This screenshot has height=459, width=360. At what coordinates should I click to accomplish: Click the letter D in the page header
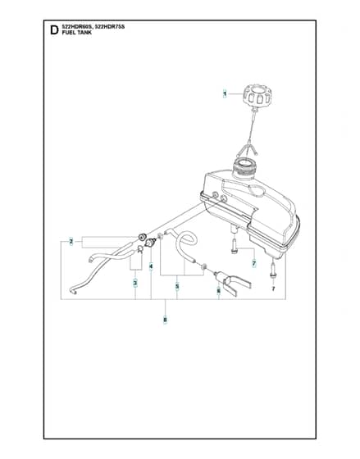[54, 30]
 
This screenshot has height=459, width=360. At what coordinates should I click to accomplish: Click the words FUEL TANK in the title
[77, 33]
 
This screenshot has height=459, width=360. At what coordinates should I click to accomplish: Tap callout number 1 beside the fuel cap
[225, 93]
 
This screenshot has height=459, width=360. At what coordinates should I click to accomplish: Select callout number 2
[71, 242]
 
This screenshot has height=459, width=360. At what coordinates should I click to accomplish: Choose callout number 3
[135, 284]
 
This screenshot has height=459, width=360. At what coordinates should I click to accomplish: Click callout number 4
[151, 266]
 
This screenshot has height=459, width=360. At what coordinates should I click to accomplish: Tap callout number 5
[177, 286]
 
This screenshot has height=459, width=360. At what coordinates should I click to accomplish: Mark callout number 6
[218, 291]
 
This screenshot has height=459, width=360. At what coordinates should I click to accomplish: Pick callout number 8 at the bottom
[165, 320]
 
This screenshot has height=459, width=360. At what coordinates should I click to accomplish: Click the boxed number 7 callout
[254, 263]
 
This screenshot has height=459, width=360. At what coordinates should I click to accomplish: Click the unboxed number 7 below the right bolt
[273, 289]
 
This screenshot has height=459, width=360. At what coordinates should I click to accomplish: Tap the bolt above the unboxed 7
[273, 270]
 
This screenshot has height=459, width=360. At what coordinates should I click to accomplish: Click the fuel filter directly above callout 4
[151, 243]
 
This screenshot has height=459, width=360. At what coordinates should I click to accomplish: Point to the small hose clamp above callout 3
[140, 249]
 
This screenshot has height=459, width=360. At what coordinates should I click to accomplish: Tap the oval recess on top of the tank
[257, 191]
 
